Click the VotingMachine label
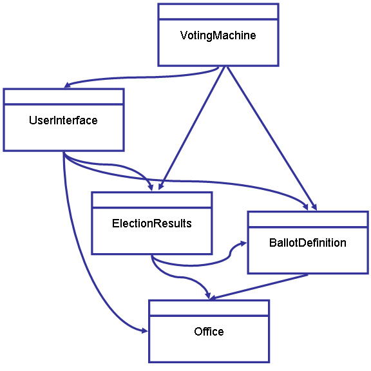(218, 35)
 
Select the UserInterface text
(63, 120)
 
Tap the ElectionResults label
(151, 224)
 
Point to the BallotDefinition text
(308, 243)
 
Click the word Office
(209, 332)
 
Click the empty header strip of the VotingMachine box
(218, 12)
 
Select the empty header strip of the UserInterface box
(64, 97)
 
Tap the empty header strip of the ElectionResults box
(152, 200)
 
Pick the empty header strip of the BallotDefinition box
(308, 220)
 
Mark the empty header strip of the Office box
(209, 308)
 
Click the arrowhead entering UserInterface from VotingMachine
(67, 85)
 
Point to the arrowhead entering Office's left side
(144, 330)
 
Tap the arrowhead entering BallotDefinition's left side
(243, 243)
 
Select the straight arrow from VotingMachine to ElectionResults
(191, 128)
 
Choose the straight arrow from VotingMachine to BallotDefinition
(272, 138)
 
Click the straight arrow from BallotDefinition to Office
(259, 287)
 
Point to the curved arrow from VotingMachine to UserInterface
(142, 77)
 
